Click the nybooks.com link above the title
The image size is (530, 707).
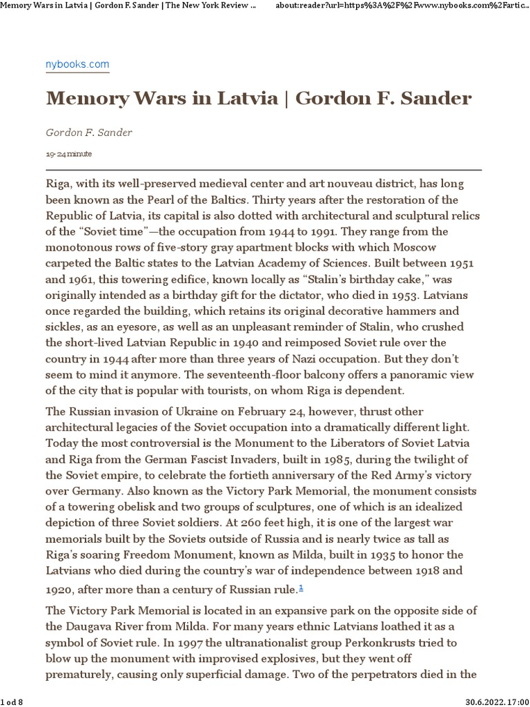click(77, 64)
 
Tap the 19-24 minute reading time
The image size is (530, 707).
click(69, 153)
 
